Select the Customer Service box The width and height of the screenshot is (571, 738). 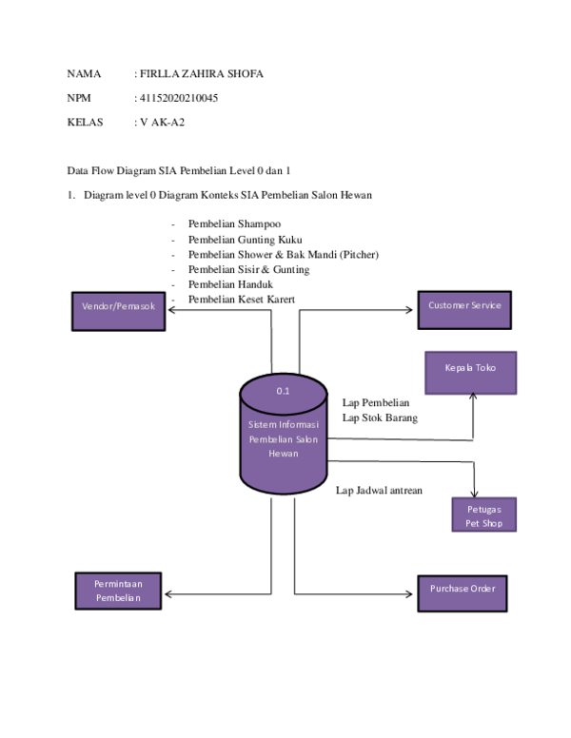tap(463, 306)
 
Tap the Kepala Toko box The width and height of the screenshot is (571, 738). tap(469, 372)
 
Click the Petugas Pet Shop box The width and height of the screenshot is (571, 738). tap(483, 515)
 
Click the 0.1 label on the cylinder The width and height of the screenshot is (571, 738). tap(284, 391)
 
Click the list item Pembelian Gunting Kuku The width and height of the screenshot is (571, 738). tap(245, 239)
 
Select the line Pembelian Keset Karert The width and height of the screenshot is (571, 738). tap(241, 300)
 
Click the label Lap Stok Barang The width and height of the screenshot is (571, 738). tap(380, 417)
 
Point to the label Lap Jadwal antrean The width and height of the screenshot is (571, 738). tap(379, 491)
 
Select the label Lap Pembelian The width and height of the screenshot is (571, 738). tap(376, 402)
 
